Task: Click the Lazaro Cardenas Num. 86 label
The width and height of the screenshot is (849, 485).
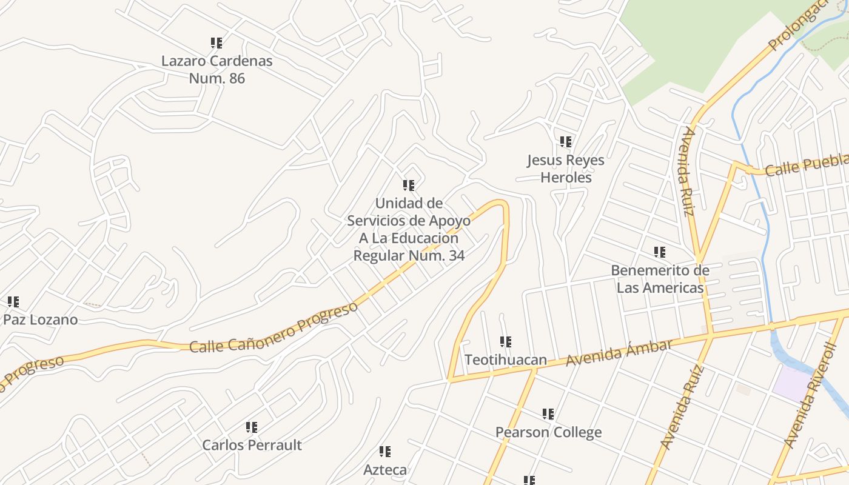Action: (216, 69)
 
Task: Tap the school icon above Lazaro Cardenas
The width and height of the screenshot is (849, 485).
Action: (216, 43)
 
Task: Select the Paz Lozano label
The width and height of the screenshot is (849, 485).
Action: (41, 319)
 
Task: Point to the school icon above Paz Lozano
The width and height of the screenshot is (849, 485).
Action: (13, 302)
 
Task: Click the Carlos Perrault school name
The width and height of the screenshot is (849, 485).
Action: (252, 445)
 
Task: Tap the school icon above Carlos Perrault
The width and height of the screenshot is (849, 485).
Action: (252, 427)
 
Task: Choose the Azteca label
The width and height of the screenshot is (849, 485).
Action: (385, 469)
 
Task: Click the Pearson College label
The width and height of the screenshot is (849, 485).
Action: (548, 432)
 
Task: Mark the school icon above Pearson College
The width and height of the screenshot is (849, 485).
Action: (548, 414)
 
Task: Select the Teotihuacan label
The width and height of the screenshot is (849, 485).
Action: (506, 360)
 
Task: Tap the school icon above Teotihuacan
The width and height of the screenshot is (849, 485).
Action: (506, 342)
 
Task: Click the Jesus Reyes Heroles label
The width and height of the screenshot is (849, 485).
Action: (565, 169)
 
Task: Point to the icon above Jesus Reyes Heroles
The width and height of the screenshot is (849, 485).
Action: (566, 142)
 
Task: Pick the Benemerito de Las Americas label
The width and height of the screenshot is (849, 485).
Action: (660, 278)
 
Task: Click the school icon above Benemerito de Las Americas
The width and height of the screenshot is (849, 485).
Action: (660, 252)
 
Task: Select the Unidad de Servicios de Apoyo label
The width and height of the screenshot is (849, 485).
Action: (409, 229)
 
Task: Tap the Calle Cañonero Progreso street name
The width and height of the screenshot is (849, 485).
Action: (273, 327)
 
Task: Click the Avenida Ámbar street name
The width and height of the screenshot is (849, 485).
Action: (619, 353)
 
